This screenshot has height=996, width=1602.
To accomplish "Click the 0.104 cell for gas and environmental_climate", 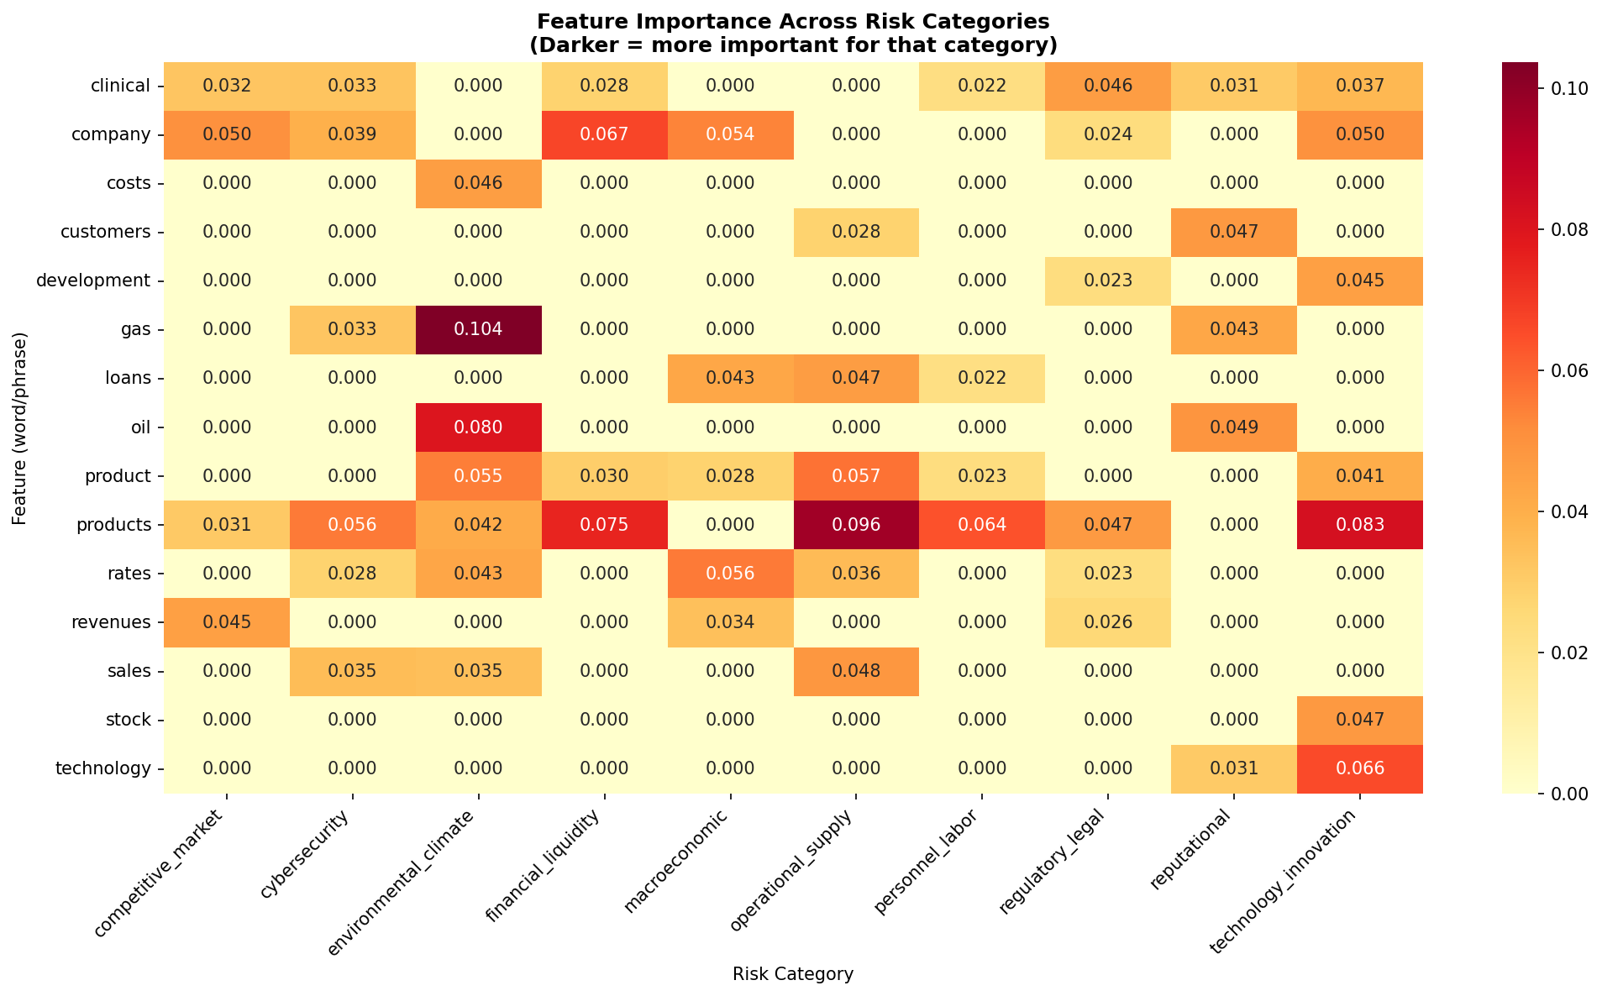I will (x=478, y=329).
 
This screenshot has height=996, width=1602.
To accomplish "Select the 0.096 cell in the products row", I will (x=855, y=525).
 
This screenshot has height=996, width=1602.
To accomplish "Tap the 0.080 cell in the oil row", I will (x=478, y=427).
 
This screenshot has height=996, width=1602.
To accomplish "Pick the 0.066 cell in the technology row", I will (x=1359, y=768).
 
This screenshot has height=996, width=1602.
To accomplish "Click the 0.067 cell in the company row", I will (x=604, y=134).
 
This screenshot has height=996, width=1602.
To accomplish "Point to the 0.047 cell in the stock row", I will (x=1359, y=720).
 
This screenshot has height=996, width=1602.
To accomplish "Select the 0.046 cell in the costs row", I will (x=478, y=183).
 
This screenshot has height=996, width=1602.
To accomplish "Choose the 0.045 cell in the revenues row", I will (x=227, y=622).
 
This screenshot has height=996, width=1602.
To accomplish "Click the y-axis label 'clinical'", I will (x=121, y=86).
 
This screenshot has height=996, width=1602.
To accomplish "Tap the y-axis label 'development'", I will (x=94, y=280).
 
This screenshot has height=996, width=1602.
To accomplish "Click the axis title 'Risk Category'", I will (x=792, y=974).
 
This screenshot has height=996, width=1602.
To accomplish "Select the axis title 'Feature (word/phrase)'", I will (x=20, y=428).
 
